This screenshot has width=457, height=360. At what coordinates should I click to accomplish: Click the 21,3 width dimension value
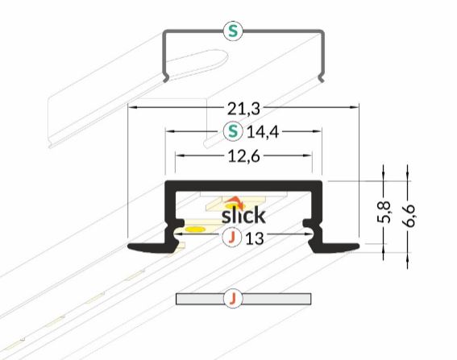tap(243, 110)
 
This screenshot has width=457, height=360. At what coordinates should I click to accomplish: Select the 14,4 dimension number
tap(263, 133)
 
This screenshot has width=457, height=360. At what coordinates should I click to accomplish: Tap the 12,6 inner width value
tap(243, 157)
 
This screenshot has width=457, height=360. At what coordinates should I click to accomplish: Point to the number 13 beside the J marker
tap(255, 239)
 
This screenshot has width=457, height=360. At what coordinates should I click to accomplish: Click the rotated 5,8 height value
tap(384, 212)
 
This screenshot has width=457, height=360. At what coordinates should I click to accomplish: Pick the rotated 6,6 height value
tap(408, 216)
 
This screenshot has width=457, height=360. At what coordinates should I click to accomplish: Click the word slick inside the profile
tap(243, 215)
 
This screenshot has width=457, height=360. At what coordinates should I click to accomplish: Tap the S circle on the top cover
tap(233, 31)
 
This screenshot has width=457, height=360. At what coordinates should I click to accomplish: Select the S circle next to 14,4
tap(233, 131)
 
